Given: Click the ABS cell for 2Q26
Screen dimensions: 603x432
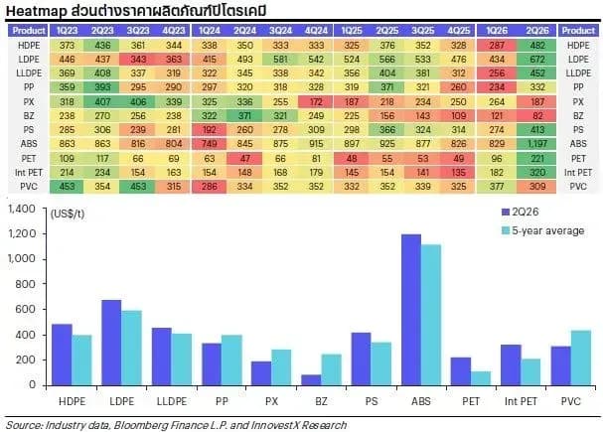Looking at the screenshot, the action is pos(537,144).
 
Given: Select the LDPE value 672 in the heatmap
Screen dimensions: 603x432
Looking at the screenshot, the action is pos(537,60).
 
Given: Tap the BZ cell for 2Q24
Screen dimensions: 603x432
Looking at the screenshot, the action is pos(244,115).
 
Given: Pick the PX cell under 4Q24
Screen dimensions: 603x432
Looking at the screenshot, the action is pos(316,102).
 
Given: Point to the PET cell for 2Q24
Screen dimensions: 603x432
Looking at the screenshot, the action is pos(244,158).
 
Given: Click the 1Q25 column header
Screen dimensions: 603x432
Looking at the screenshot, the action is pos(352,31).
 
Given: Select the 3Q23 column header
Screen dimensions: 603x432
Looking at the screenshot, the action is pos(138,31).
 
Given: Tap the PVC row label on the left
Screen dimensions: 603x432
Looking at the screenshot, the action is pos(29,187).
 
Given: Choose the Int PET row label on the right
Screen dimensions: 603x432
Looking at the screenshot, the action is pos(578,172).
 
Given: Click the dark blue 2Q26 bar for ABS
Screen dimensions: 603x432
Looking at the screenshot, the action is pos(411,310).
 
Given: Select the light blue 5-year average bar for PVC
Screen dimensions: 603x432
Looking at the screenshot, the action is pos(581,358).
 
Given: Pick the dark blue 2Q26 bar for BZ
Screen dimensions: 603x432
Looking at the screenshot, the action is pos(311,380).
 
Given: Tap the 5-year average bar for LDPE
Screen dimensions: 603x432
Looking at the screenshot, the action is pos(131,348).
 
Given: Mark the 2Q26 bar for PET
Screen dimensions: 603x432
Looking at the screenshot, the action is pos(461,371).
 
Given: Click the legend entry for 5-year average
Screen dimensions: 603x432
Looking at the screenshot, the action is pos(543,230).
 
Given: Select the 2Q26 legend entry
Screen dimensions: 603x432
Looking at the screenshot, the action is pos(520,212).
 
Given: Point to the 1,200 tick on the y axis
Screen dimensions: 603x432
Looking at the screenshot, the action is pos(22,233).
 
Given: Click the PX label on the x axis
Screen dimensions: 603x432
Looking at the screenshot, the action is pos(271,401).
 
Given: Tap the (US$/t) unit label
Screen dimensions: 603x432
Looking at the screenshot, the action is pos(68,214).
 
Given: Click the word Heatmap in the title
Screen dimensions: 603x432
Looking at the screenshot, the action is pos(37,11).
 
